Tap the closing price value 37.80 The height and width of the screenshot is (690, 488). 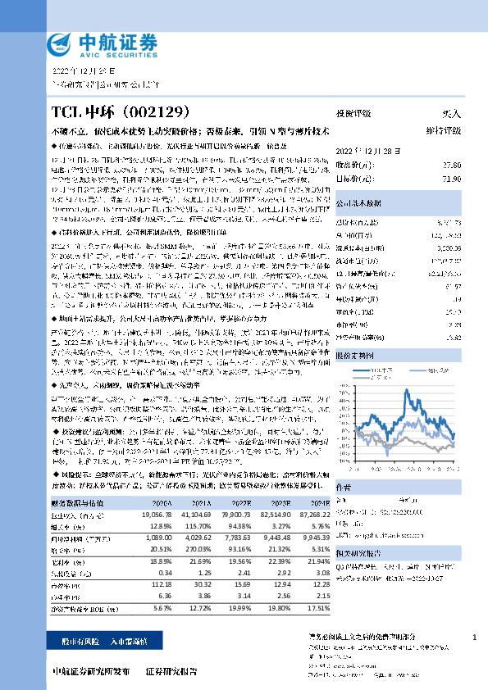[x=451, y=165]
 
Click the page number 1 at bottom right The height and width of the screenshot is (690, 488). [x=474, y=638]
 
